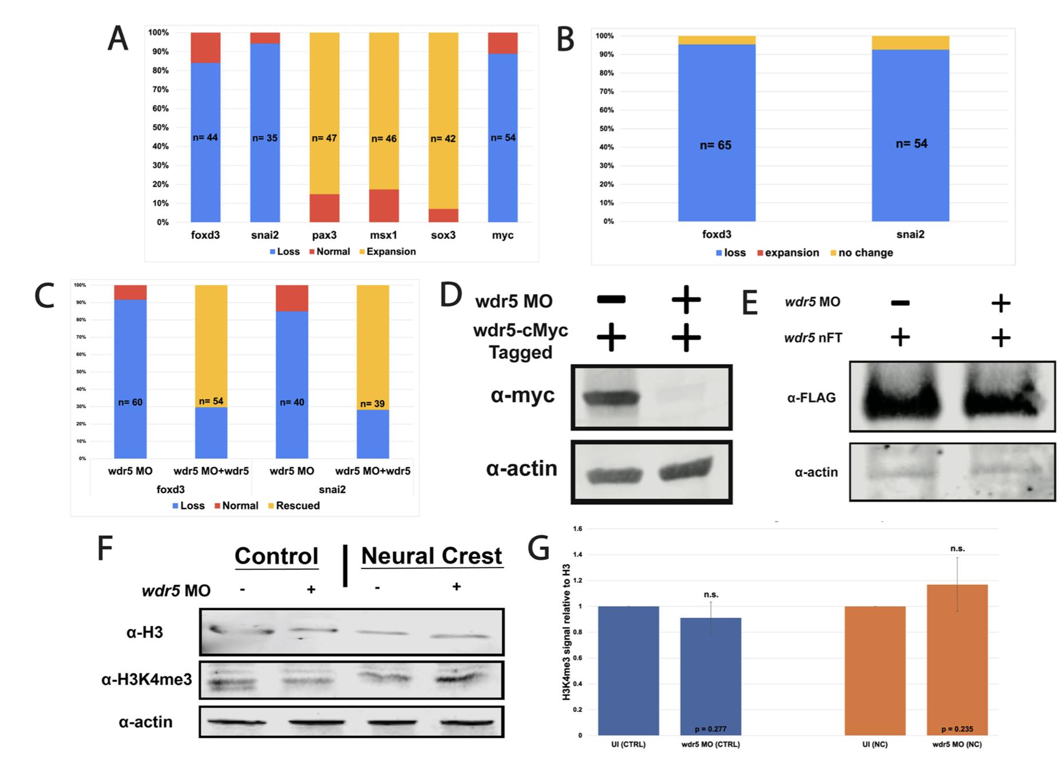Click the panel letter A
[118, 39]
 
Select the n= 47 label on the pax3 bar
[324, 138]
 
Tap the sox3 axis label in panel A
[443, 235]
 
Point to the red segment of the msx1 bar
[383, 206]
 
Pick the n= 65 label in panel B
[715, 145]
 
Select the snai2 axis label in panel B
[910, 234]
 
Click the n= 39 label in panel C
[372, 404]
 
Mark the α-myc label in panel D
[522, 395]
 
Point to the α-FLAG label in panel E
[811, 397]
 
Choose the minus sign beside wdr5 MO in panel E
[900, 303]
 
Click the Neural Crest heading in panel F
[431, 556]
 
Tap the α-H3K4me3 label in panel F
[146, 680]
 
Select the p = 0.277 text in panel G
[710, 729]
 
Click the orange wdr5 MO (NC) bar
[957, 659]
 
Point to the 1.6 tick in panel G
[577, 529]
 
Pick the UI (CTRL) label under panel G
[628, 744]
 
